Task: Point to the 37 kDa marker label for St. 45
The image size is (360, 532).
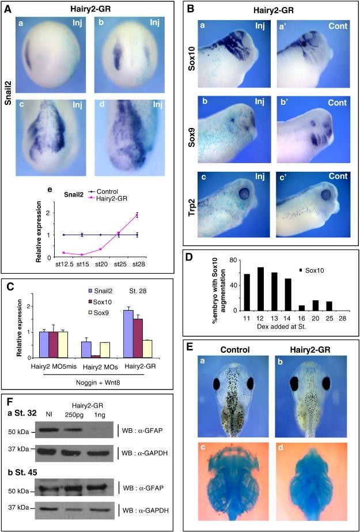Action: pyautogui.click(x=21, y=507)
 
